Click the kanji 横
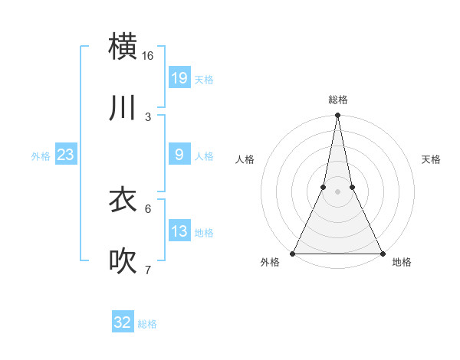point(123,46)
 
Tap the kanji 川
point(123,107)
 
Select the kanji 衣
point(123,200)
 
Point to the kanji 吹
point(123,261)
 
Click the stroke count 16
point(148,56)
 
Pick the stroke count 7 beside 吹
point(148,270)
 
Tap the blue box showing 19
point(179,77)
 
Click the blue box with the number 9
point(179,155)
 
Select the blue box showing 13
point(179,231)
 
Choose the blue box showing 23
point(66,155)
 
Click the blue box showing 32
point(123,322)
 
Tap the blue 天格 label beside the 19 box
point(204,79)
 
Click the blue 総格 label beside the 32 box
point(147,324)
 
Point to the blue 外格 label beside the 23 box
point(41,156)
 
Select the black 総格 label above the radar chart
point(338,100)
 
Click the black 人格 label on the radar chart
point(245,159)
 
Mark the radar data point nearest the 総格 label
point(337,116)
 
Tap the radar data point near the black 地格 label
point(381,253)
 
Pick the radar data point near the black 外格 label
point(294,253)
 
